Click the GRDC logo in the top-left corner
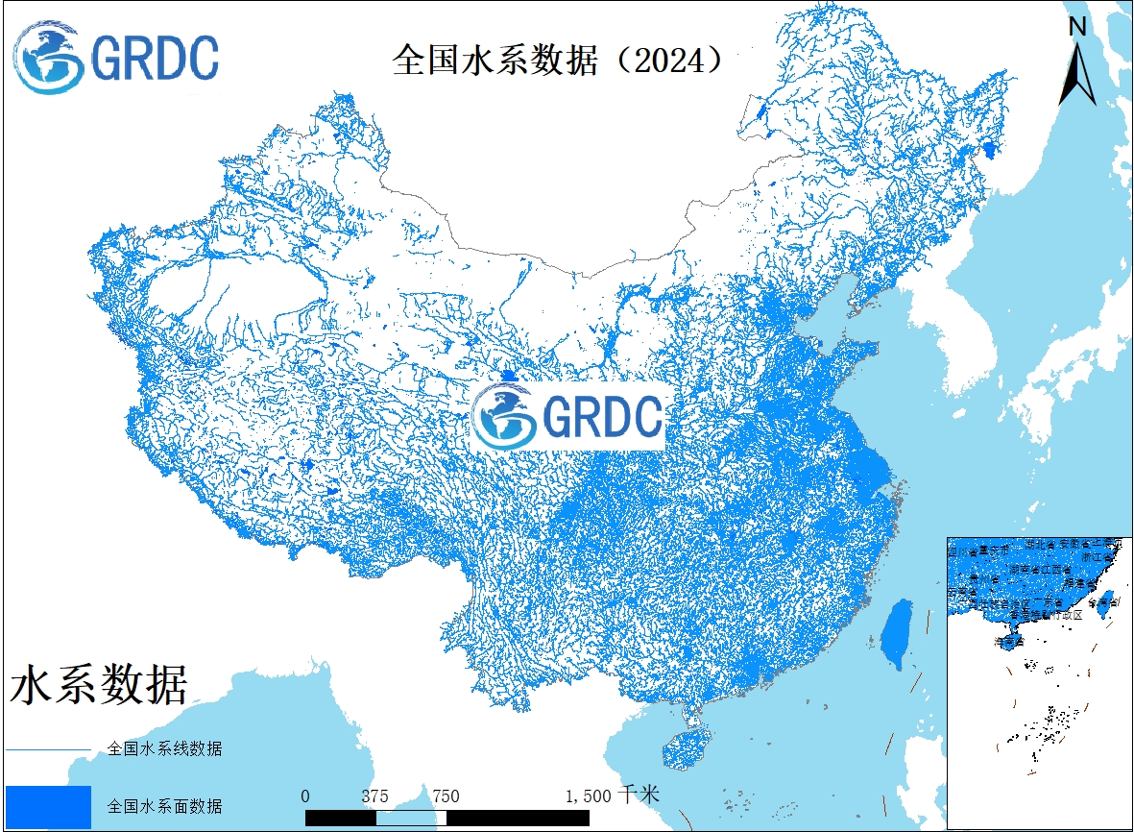(x=116, y=58)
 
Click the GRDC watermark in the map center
(x=568, y=415)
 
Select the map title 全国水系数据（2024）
(x=558, y=60)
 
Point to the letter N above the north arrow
(x=1077, y=28)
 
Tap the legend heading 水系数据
(x=99, y=686)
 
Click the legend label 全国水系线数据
(x=165, y=748)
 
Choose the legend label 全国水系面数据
(x=165, y=805)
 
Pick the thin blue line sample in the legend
(x=48, y=748)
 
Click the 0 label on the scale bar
(x=305, y=796)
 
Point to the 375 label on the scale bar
(x=375, y=796)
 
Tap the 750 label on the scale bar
(x=446, y=796)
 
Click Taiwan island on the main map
(x=898, y=635)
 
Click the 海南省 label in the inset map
(x=1011, y=641)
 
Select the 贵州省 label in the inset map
(x=984, y=579)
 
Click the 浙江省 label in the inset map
(x=1098, y=556)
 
